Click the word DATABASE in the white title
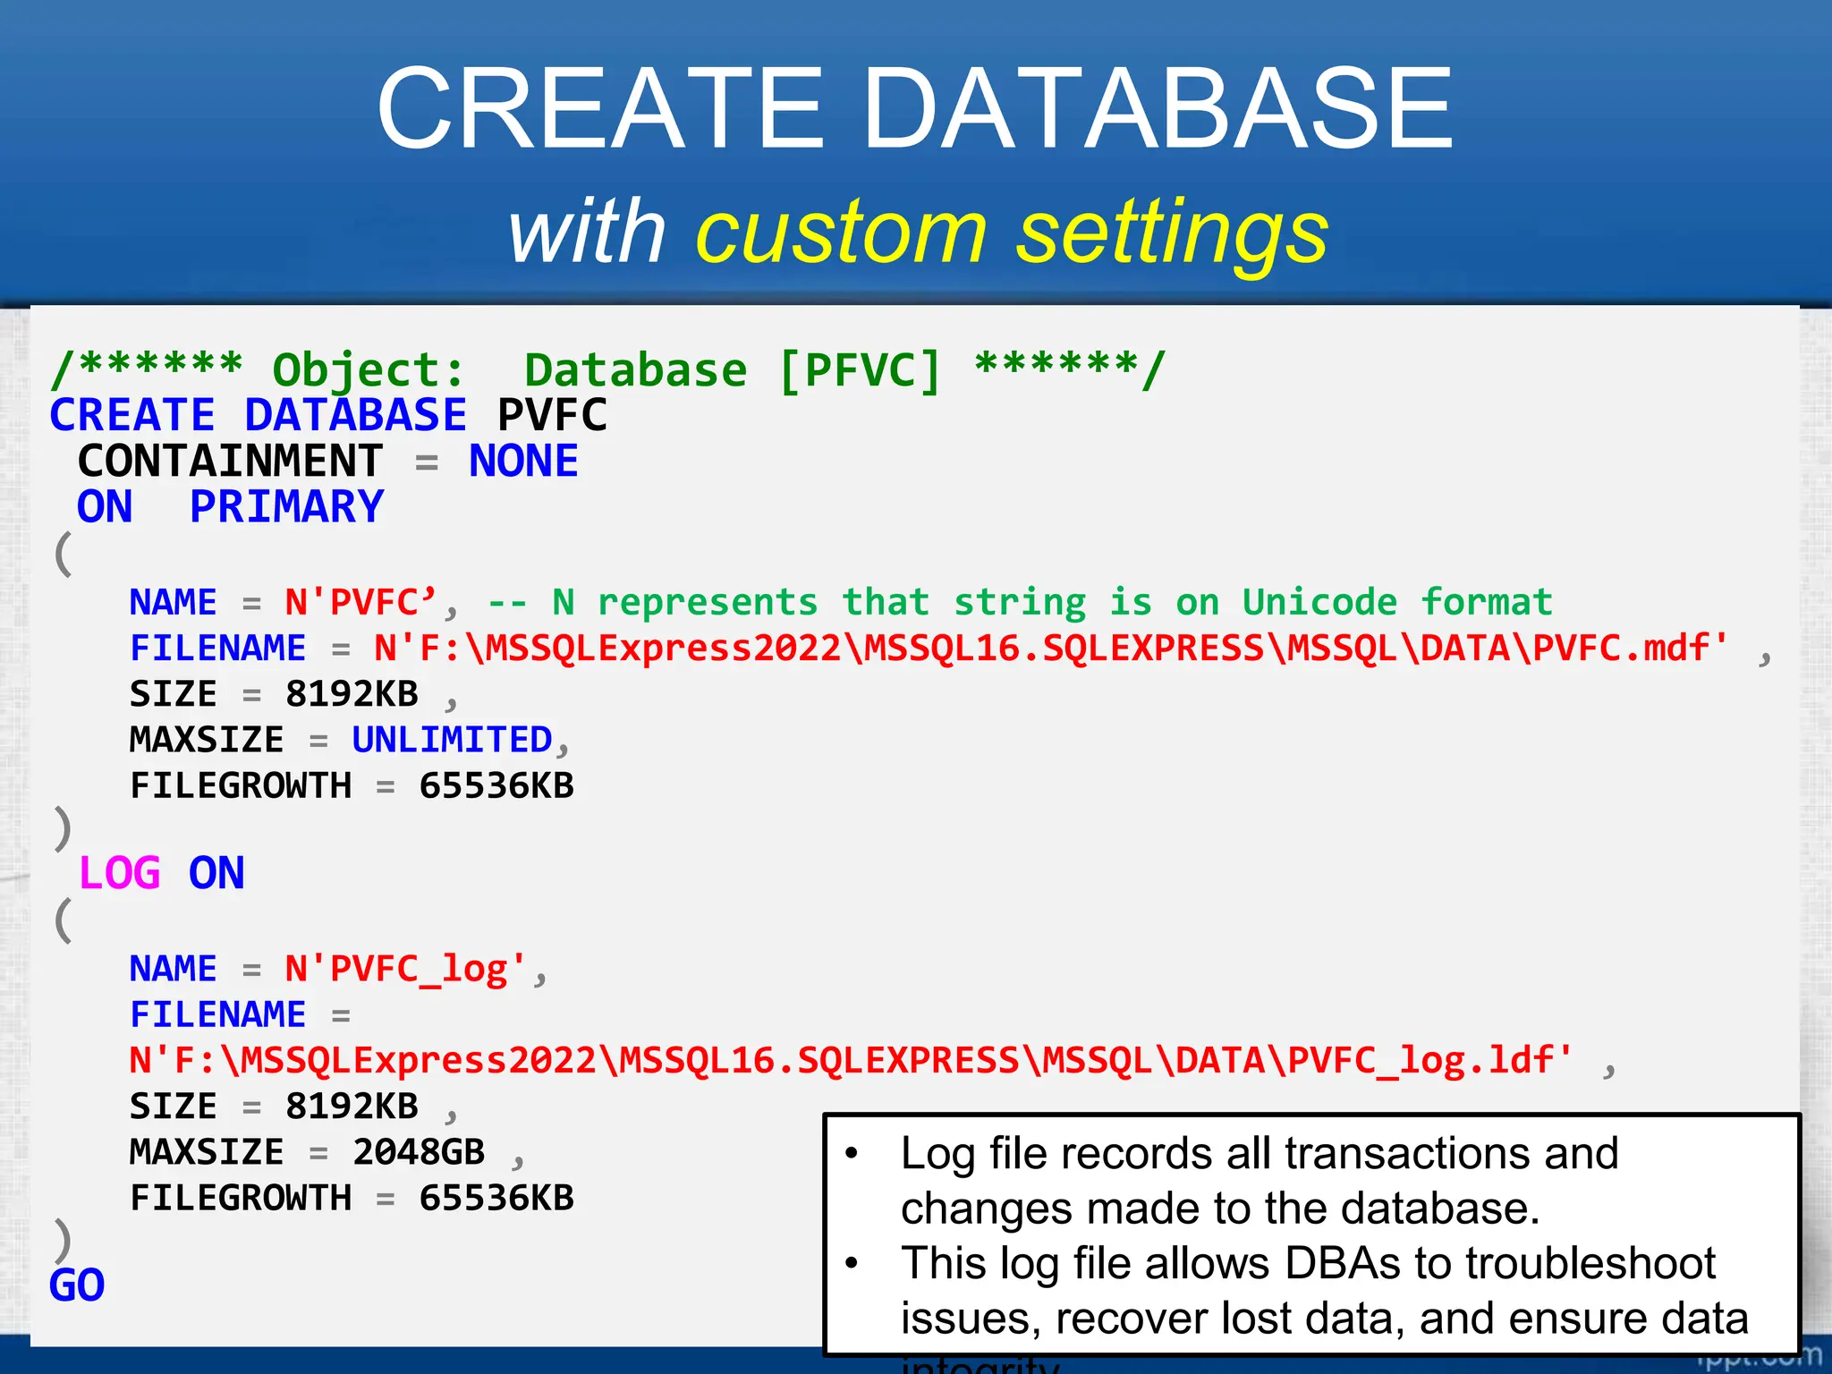click(x=1158, y=109)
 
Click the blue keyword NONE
click(x=523, y=462)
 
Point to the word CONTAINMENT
click(x=230, y=462)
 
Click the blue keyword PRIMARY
click(x=286, y=507)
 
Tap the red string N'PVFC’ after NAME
click(x=360, y=602)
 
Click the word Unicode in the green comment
click(x=1319, y=602)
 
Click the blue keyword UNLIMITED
click(x=452, y=740)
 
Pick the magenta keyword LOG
click(x=120, y=873)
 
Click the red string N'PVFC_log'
click(x=405, y=969)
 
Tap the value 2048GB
click(x=418, y=1152)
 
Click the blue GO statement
click(x=77, y=1285)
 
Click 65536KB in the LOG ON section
click(x=496, y=1198)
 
